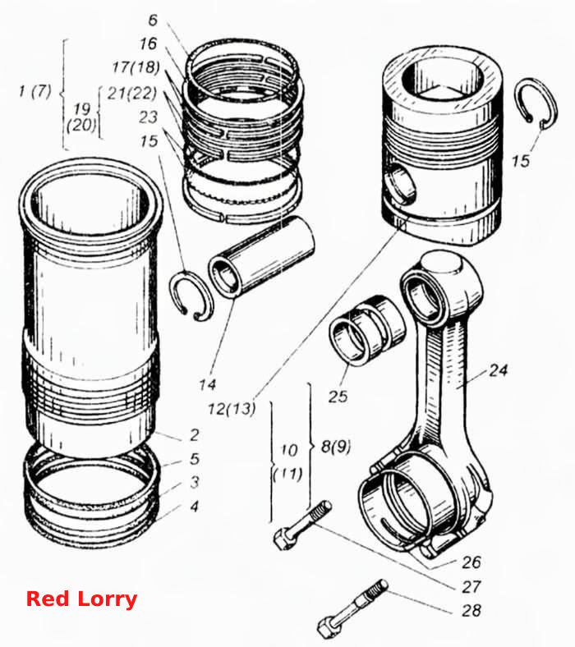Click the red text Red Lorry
(x=81, y=599)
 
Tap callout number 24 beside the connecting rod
(x=498, y=370)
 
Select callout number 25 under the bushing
(x=338, y=396)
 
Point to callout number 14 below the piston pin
(x=207, y=384)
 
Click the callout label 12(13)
(x=232, y=409)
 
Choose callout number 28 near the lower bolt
(x=471, y=610)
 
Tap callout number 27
(x=471, y=586)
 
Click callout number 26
(x=471, y=562)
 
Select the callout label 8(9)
(x=336, y=446)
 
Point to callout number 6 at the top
(x=153, y=20)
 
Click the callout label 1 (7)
(x=35, y=91)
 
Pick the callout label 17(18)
(x=136, y=67)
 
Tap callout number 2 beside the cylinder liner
(x=195, y=434)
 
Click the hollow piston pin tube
(x=262, y=256)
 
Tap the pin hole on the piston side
(x=402, y=183)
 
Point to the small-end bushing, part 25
(x=367, y=331)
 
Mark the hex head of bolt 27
(x=283, y=538)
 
